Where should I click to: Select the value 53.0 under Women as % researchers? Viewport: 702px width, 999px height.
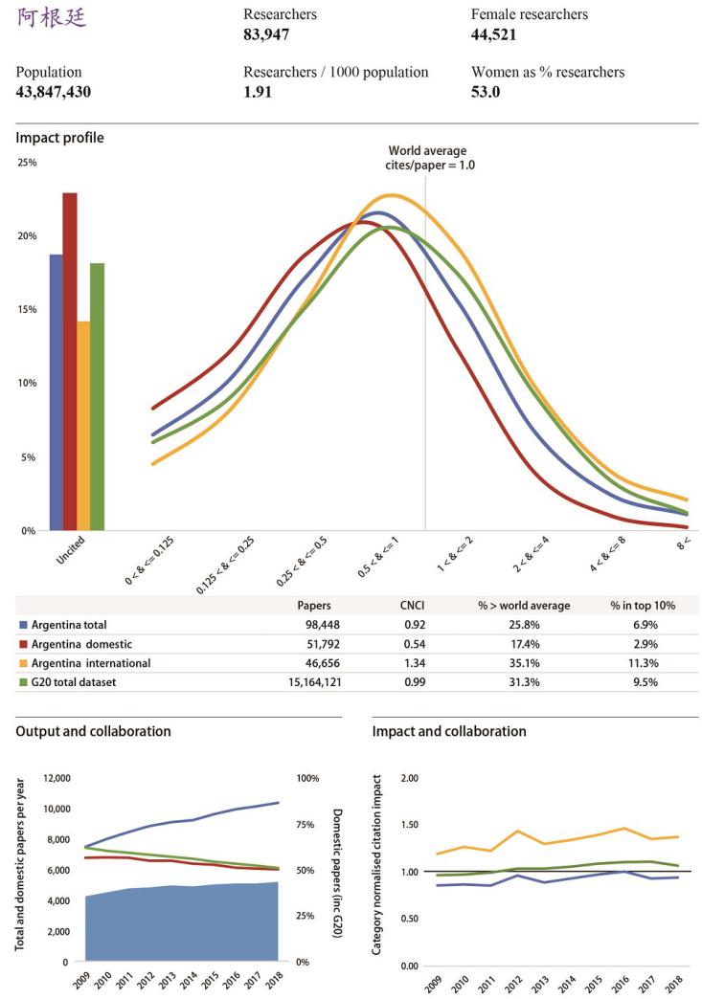[486, 93]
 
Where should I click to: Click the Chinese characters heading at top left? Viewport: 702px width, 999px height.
[52, 17]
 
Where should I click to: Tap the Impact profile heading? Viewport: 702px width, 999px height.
[59, 139]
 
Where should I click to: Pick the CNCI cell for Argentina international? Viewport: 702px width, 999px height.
[412, 663]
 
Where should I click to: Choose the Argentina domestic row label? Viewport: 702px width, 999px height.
[84, 644]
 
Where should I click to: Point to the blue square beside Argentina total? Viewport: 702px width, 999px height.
[23, 625]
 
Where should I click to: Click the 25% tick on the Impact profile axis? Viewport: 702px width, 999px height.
[26, 163]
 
